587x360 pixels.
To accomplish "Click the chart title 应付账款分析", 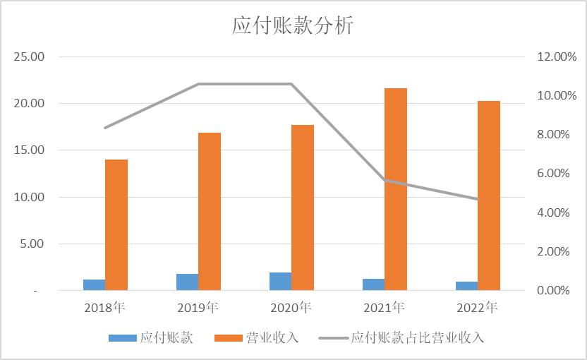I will tap(293, 26).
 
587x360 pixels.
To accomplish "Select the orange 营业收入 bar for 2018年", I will tap(116, 224).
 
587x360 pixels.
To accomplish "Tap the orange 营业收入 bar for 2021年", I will tap(395, 189).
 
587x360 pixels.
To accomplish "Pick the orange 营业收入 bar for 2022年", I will tap(488, 196).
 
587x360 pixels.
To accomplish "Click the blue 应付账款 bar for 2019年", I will tap(187, 282).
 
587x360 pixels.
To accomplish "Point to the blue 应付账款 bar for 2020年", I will tap(280, 281).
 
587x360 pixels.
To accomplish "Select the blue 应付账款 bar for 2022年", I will tap(466, 286).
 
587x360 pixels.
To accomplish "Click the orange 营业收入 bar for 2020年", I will tap(303, 208).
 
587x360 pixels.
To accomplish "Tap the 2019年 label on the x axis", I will tap(198, 308).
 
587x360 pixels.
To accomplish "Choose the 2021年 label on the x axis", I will tap(384, 308).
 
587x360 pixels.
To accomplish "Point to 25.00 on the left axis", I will tap(30, 56).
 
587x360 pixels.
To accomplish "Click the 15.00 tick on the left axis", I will tap(30, 150).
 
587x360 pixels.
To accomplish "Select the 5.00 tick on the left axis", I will tap(32, 244).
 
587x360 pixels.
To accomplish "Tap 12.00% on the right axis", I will tap(556, 56).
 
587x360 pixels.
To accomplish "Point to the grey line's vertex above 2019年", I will tap(198, 84).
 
